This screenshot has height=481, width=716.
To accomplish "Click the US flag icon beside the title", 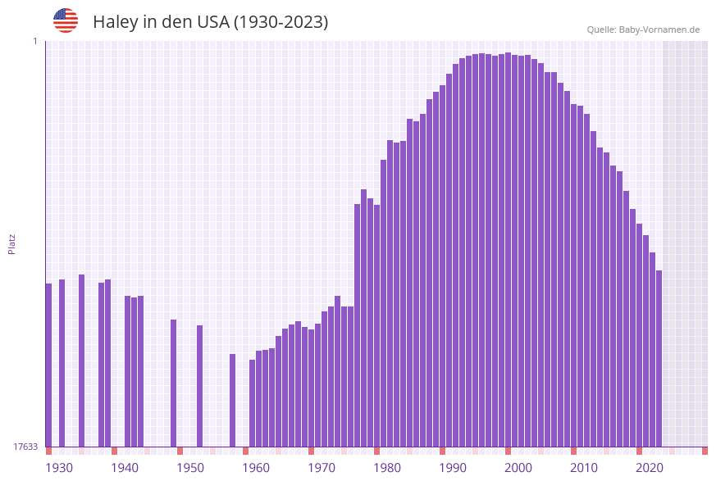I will pos(66,20).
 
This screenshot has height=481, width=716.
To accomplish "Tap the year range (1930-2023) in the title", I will pos(280,22).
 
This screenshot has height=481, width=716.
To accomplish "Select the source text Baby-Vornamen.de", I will pos(659,29).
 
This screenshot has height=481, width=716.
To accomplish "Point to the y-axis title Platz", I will pos(12,243).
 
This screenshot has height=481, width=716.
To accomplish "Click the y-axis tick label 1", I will pos(34,41).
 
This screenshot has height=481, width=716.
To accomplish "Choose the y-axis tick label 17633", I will pos(25,447).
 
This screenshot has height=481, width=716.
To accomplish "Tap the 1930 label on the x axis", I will pos(58,468).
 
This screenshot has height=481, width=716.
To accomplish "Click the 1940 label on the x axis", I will pos(125,468).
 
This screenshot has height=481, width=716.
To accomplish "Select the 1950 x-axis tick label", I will pos(190,468).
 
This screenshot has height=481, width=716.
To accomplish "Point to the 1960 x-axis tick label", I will pos(256,468).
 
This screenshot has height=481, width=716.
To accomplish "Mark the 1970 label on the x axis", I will pos(322,468).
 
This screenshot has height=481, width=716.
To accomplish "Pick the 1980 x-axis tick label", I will pos(387,468).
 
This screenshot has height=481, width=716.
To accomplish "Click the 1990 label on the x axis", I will pos(453,468).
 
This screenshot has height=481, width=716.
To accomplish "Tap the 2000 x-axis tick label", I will pos(518,468).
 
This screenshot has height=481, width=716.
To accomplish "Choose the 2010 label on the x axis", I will pos(584,468).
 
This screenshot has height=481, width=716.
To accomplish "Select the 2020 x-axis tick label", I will pos(650,468).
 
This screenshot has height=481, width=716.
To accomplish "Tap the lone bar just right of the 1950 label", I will pos(199,385).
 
